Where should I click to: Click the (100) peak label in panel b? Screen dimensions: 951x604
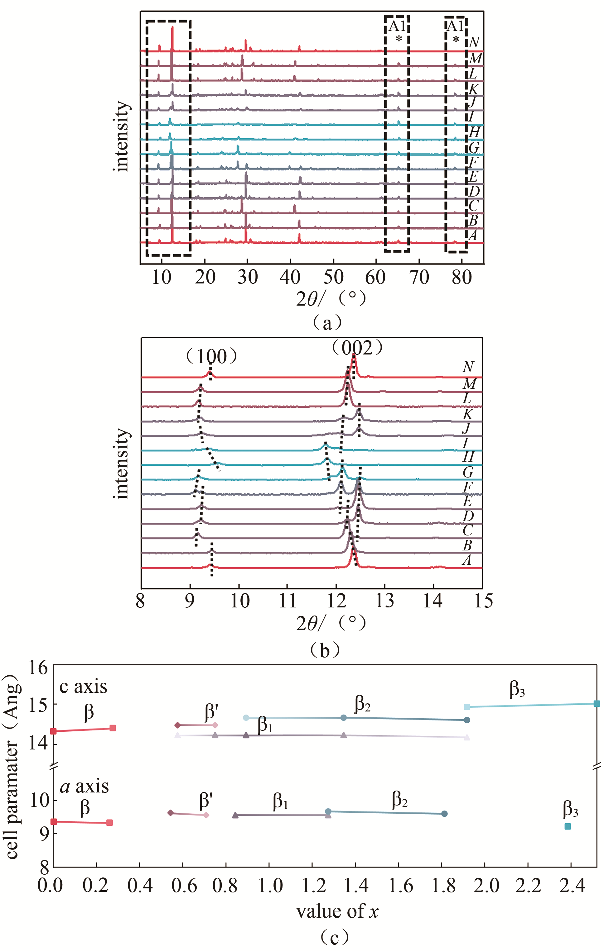(x=211, y=357)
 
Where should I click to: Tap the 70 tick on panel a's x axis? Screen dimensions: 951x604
(x=418, y=278)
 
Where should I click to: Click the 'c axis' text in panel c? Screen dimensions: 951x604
(x=83, y=687)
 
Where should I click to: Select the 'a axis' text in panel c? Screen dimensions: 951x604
(x=84, y=787)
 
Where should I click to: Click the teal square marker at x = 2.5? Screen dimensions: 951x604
(x=597, y=703)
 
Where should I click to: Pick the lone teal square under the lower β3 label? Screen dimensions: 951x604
(x=568, y=826)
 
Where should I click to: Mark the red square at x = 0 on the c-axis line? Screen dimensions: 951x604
(x=54, y=731)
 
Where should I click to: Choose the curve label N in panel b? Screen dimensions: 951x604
(x=468, y=367)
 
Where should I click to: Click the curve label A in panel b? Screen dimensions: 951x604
(x=467, y=560)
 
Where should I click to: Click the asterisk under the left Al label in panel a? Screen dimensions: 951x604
(x=399, y=39)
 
